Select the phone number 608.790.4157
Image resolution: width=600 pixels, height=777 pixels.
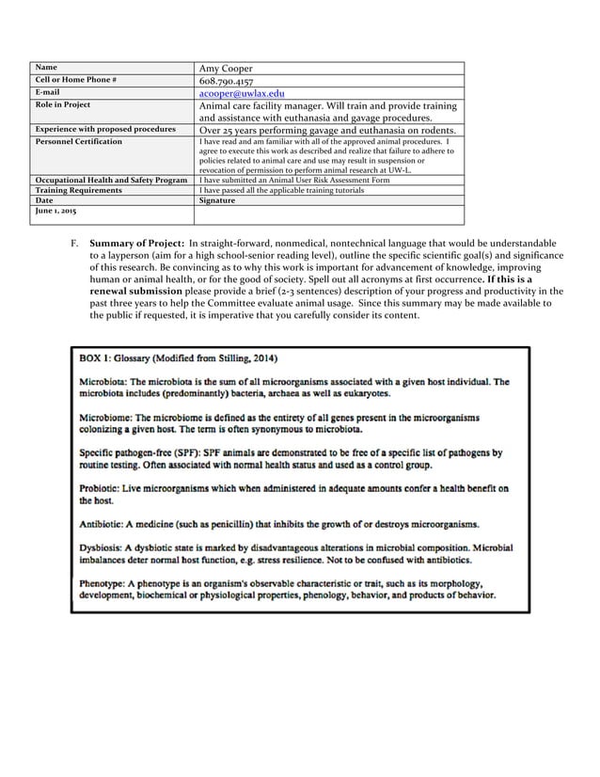point(227,82)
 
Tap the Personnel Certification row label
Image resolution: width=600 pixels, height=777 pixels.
point(78,141)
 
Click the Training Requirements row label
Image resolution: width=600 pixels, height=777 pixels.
point(78,190)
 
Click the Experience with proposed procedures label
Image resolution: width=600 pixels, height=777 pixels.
point(104,129)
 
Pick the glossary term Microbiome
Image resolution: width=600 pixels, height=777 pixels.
point(110,417)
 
